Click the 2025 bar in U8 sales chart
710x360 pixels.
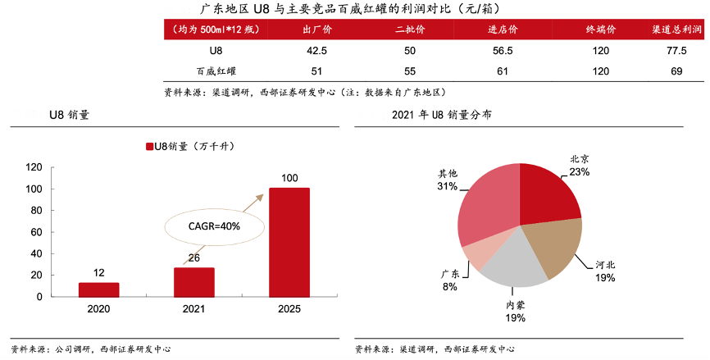pos(289,242)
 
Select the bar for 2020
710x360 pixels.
pos(98,289)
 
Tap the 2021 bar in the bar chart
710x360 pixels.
pos(193,281)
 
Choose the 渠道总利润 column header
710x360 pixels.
pos(676,30)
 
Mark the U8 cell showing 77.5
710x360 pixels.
pos(676,51)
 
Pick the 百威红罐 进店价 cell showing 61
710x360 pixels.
pos(502,71)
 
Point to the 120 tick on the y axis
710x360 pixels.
pos(34,167)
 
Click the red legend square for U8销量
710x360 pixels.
pos(149,147)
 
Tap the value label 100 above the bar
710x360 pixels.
pos(289,178)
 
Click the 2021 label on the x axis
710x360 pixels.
pos(193,308)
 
